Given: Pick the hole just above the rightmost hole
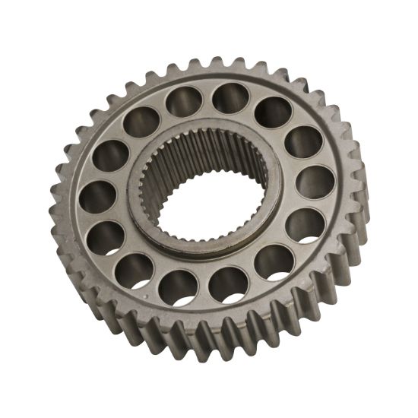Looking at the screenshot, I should [x=303, y=142].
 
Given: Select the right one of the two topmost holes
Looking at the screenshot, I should [x=228, y=98].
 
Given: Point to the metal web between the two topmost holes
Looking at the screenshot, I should [x=206, y=98].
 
